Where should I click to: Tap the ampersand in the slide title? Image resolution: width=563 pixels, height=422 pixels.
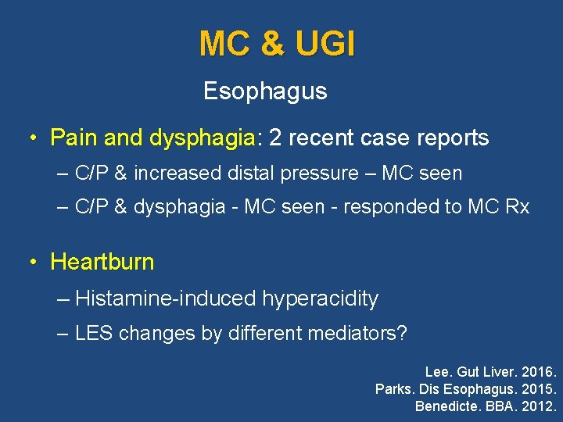273,44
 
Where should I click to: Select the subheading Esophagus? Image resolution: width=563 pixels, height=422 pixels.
265,91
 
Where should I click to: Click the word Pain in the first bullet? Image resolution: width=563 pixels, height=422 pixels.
74,138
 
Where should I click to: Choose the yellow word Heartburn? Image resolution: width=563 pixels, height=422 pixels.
102,262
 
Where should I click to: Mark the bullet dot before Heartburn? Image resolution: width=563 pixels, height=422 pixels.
33,262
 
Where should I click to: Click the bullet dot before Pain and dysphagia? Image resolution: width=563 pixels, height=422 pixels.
33,138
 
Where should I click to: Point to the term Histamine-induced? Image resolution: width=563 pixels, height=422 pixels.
166,299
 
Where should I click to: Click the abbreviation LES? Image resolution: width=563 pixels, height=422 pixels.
93,334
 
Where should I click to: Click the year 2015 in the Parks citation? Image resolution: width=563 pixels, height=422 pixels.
536,388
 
